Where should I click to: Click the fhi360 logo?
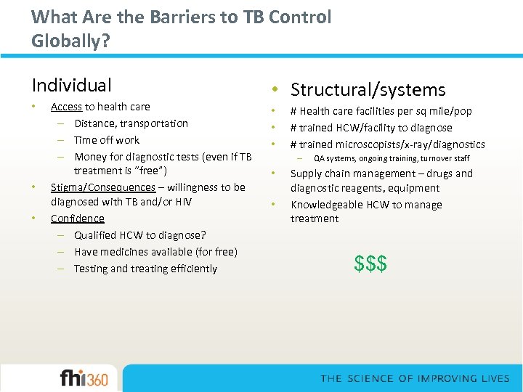[x=84, y=378]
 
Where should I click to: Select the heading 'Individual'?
[x=71, y=86]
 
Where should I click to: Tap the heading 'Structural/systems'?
[x=368, y=90]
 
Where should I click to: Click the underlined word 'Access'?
[x=66, y=107]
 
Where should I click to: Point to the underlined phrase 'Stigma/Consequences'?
[x=102, y=187]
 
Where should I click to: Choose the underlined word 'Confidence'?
[x=77, y=219]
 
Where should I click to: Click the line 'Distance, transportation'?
[x=131, y=123]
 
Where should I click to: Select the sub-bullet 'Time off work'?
[x=106, y=140]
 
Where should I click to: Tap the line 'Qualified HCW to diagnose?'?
[x=139, y=235]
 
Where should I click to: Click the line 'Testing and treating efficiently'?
[x=145, y=269]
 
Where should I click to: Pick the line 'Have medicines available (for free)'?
[x=155, y=252]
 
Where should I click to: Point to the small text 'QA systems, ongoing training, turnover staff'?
[x=391, y=158]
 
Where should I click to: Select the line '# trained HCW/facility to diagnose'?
[x=370, y=128]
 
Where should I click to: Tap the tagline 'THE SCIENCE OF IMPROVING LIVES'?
[x=415, y=379]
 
